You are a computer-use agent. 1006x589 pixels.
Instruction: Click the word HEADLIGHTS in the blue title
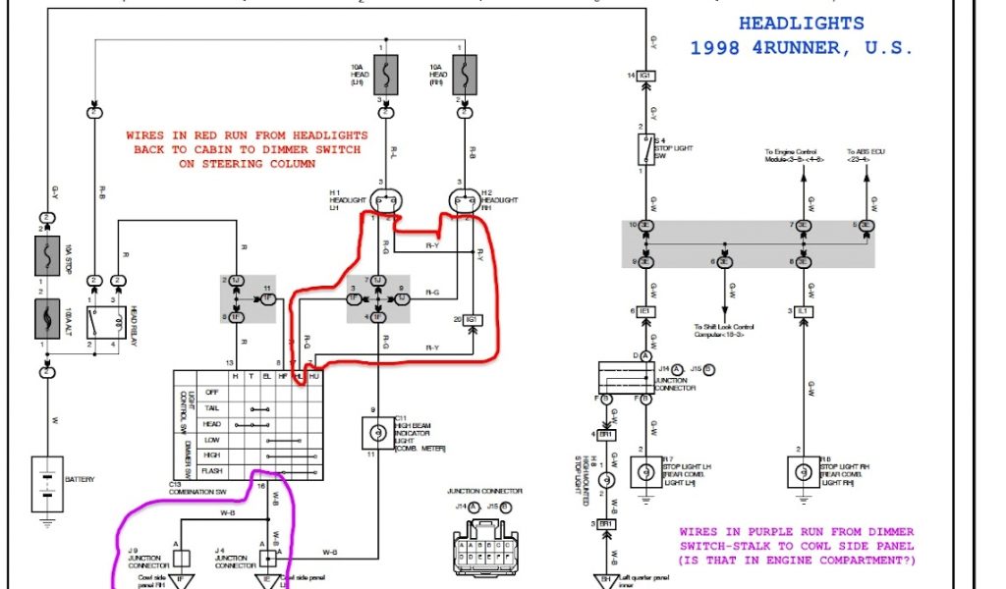coord(802,24)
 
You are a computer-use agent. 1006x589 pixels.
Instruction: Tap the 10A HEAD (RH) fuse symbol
coord(464,75)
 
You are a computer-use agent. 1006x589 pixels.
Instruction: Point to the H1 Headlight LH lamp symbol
coord(385,201)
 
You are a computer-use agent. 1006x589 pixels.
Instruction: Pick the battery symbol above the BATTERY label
coord(46,484)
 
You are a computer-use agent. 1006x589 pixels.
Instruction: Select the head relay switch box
coord(106,321)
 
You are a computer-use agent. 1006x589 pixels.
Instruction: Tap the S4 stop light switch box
coord(645,149)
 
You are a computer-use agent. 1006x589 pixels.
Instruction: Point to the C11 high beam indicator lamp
coord(374,431)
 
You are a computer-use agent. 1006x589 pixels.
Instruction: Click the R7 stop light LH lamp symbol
coord(645,472)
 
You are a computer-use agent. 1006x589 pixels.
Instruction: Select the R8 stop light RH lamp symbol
coord(804,472)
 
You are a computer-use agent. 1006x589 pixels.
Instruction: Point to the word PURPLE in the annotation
coord(766,533)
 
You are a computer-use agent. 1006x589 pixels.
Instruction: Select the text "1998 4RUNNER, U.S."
coord(802,47)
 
